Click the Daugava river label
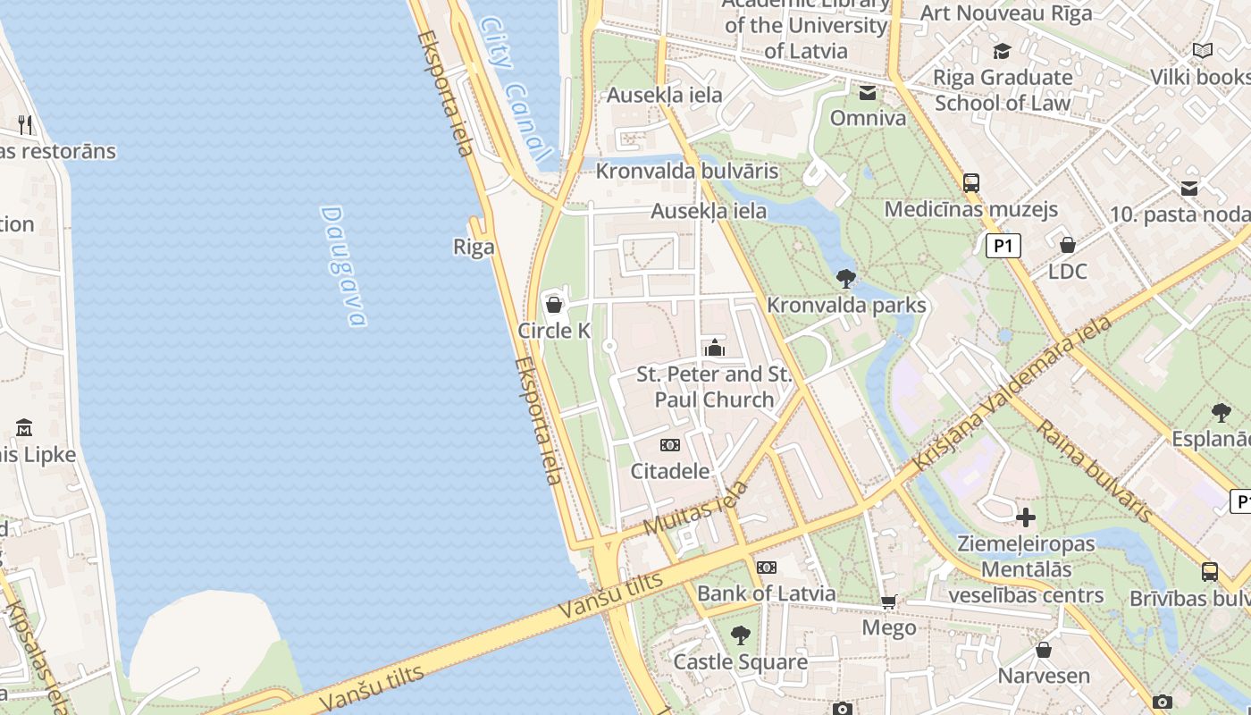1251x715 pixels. coord(344,266)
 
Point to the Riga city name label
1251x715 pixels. coord(474,247)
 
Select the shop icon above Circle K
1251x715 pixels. coord(554,305)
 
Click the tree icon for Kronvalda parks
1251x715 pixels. coord(846,279)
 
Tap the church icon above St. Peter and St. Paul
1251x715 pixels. coord(714,348)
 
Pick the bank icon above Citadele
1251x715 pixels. coord(670,445)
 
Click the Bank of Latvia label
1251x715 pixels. coord(766,593)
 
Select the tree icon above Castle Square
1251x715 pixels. coord(740,635)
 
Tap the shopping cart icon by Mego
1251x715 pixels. coord(888,602)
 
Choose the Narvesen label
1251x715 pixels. coord(1044,676)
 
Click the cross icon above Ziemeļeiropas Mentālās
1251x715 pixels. coord(1026,517)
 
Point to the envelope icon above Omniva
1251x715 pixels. coord(868,93)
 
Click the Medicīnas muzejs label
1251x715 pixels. coord(970,209)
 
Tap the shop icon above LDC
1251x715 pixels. coord(1067,245)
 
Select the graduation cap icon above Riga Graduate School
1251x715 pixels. coord(1002,52)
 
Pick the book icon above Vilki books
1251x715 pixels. coord(1203,51)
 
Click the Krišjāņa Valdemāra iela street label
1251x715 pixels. coord(1012,394)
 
